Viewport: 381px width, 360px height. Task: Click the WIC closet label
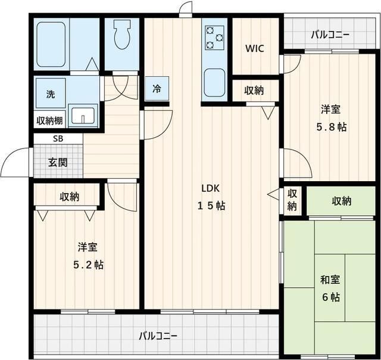click(255, 48)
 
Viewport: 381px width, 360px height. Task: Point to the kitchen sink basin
click(214, 82)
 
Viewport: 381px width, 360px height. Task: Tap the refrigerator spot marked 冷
click(157, 89)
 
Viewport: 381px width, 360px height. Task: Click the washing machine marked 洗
click(51, 94)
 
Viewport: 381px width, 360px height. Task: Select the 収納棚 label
click(49, 120)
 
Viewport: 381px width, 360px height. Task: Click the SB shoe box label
click(58, 138)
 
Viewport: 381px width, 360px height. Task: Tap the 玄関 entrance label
click(58, 162)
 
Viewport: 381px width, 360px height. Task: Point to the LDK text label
click(211, 188)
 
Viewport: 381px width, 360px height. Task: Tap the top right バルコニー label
click(330, 34)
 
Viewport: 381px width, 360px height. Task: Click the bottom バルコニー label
click(158, 336)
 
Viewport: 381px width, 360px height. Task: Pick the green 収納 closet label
click(341, 201)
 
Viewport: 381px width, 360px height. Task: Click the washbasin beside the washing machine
click(82, 114)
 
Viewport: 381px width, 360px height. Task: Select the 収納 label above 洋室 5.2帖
click(69, 197)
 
